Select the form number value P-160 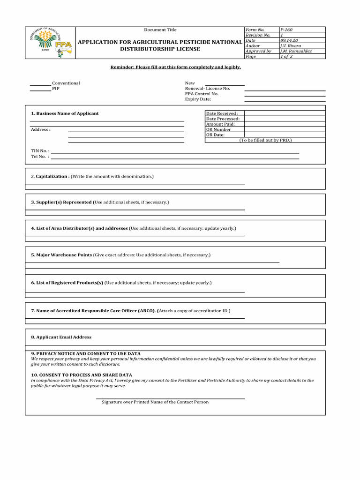click(x=286, y=30)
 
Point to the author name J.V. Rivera click(x=290, y=46)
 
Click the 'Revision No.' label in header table click(x=258, y=35)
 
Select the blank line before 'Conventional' click(x=40, y=85)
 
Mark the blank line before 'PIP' click(x=40, y=90)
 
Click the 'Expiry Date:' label click(x=198, y=99)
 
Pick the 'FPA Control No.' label click(x=202, y=94)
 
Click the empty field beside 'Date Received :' click(x=285, y=113)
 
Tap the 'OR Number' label click(x=218, y=129)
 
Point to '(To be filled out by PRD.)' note click(x=265, y=140)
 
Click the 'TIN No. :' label click(x=40, y=151)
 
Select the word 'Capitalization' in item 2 click(x=52, y=176)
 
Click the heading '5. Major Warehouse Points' click(x=61, y=255)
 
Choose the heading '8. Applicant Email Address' click(x=61, y=337)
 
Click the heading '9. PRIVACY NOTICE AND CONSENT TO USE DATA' click(x=85, y=353)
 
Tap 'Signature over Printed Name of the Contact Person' click(x=155, y=402)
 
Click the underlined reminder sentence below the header click(x=175, y=67)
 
